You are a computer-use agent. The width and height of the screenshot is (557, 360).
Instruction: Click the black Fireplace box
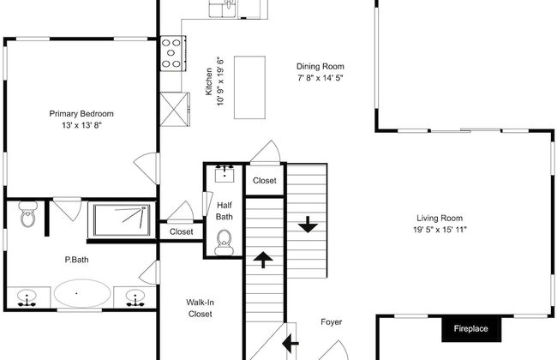[471, 329]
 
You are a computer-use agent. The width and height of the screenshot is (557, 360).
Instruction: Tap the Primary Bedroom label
[81, 114]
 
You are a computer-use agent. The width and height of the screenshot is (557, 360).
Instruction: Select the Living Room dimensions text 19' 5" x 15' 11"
[440, 230]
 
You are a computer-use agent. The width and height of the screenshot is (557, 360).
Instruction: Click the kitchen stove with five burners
[172, 53]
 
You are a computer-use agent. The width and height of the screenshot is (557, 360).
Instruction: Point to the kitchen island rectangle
[249, 87]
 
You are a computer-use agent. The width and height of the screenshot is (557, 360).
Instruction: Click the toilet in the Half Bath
[224, 243]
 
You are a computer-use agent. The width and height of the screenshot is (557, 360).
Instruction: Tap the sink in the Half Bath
[225, 174]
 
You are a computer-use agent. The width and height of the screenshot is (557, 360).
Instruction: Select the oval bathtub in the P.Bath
[82, 293]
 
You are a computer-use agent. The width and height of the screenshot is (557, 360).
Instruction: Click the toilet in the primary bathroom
[28, 214]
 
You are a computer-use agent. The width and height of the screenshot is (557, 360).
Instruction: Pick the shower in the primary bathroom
[122, 219]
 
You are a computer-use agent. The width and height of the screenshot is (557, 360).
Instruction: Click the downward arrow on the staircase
[308, 225]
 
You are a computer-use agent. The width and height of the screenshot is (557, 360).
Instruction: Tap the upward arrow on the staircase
[263, 260]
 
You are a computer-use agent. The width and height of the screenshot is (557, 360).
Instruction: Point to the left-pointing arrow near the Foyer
[290, 344]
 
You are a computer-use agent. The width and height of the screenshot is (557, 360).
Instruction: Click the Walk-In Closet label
[200, 308]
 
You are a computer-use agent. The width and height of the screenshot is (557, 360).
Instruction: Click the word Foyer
[332, 322]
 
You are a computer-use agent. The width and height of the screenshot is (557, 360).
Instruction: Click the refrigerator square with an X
[174, 109]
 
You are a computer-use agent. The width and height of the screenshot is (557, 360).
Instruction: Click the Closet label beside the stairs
[265, 181]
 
